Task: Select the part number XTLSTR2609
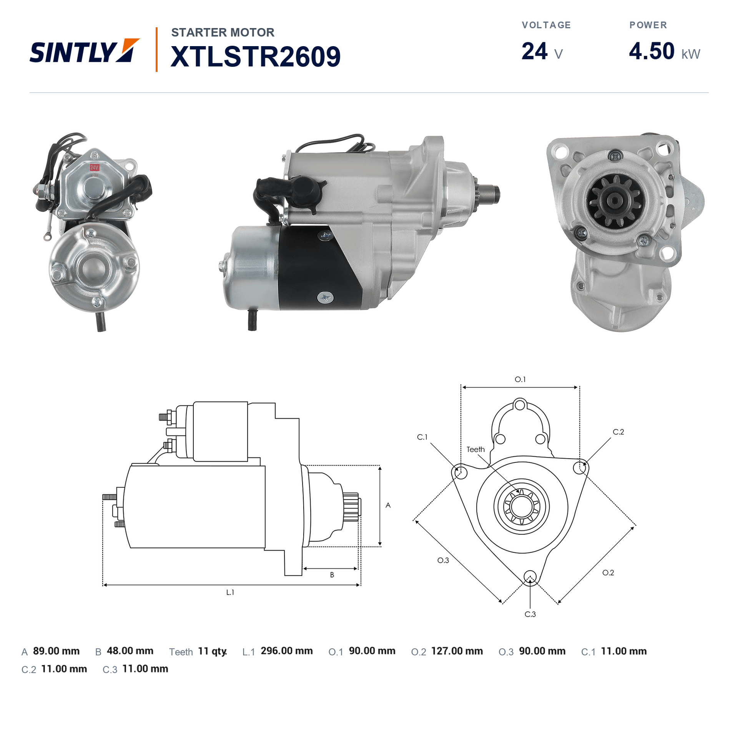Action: point(256,57)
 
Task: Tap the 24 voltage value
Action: point(534,51)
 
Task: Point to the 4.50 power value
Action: point(652,51)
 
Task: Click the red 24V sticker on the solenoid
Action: point(95,167)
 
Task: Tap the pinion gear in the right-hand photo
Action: point(615,200)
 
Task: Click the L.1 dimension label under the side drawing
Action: point(230,592)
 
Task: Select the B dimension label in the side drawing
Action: point(332,575)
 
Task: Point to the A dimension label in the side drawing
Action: point(388,505)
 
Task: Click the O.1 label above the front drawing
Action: point(520,379)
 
